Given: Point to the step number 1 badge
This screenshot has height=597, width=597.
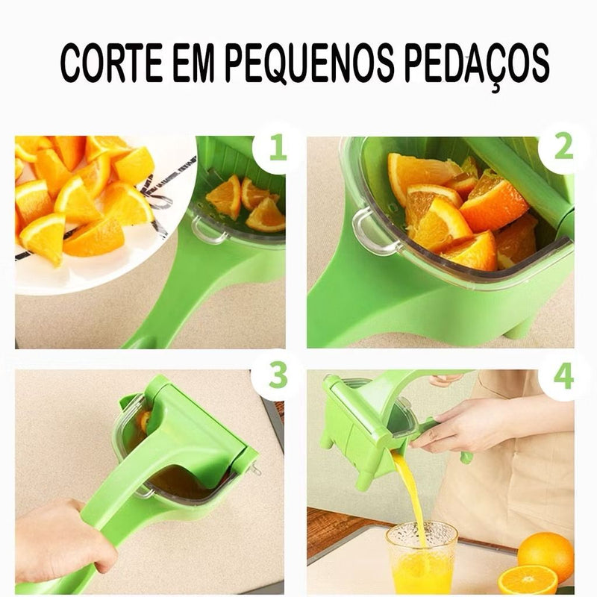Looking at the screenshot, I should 277,148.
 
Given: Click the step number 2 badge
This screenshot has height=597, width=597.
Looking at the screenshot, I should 563,148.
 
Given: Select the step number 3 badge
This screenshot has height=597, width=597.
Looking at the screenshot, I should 277,376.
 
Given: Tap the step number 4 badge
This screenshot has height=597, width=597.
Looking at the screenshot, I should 563,376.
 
